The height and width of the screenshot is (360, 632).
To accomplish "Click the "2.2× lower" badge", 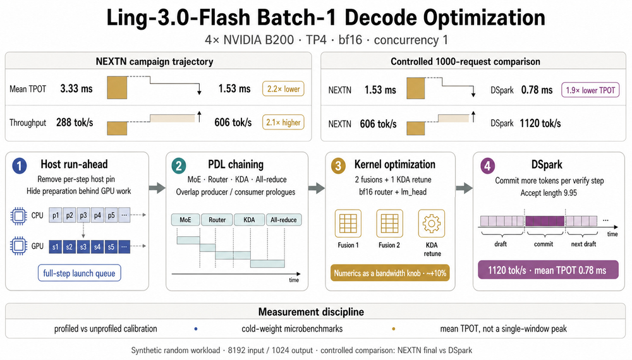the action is click(283, 89).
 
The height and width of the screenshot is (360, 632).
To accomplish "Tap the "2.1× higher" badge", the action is click(283, 123).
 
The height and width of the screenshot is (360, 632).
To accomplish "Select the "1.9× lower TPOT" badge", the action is click(590, 90).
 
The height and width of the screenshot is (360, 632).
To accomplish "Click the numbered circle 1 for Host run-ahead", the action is click(20, 165).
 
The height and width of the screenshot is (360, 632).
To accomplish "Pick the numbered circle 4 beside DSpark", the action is click(488, 166).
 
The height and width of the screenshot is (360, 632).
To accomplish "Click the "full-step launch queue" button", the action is click(79, 273).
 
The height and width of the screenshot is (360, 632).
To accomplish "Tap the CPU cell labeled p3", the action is click(83, 215).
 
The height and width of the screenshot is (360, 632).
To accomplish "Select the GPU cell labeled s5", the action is click(111, 246).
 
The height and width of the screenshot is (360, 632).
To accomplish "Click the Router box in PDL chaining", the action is click(217, 220).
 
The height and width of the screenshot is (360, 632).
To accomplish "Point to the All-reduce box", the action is click(283, 220).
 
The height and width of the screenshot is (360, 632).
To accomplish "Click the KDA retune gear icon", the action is click(432, 223).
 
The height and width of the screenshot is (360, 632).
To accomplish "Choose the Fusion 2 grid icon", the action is click(389, 223).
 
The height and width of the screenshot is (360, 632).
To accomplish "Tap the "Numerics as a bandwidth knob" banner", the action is click(390, 273).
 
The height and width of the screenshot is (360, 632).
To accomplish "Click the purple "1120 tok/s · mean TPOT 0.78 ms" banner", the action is click(548, 270).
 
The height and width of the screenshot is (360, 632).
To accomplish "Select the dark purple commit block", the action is click(545, 220).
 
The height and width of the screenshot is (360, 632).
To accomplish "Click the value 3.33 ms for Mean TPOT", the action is click(76, 88).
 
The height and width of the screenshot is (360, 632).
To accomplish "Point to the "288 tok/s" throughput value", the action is click(75, 123).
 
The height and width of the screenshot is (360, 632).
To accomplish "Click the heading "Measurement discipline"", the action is click(311, 311).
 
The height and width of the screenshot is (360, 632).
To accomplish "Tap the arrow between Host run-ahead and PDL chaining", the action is click(157, 188).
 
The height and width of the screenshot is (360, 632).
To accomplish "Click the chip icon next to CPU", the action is click(18, 216).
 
